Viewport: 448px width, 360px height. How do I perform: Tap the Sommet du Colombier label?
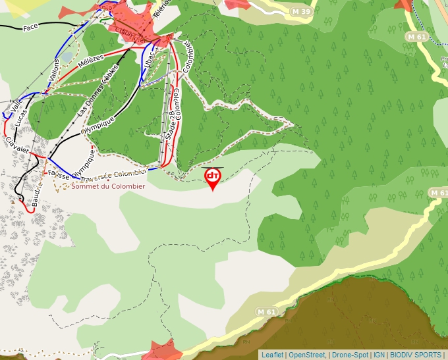tap(108, 186)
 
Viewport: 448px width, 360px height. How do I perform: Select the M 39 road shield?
tap(301, 12)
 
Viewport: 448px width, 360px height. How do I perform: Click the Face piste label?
tap(30, 28)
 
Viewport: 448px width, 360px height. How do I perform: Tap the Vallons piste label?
tap(55, 68)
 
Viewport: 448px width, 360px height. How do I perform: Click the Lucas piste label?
tap(22, 120)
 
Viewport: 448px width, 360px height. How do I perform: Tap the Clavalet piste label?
tap(18, 144)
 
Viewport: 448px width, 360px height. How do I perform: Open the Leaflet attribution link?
tap(272, 355)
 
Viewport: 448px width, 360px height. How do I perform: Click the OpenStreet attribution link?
tap(307, 355)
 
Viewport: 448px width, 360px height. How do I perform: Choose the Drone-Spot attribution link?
tap(350, 355)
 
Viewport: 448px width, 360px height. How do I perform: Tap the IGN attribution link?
tap(379, 355)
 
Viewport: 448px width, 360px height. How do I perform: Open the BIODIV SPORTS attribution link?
tap(414, 355)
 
